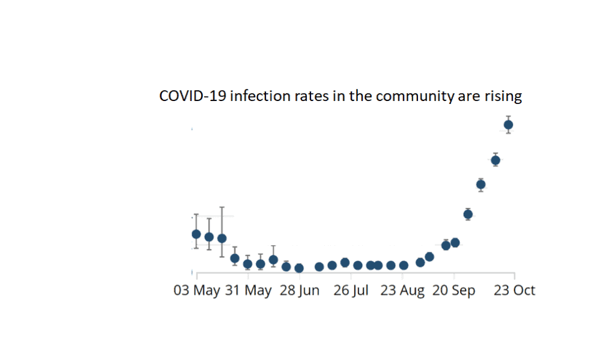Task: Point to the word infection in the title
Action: [253, 97]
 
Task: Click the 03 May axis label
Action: [198, 291]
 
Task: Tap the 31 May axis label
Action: [249, 291]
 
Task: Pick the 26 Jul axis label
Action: [351, 291]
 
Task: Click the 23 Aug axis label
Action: [402, 291]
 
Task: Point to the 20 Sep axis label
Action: [454, 291]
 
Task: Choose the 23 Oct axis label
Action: [514, 291]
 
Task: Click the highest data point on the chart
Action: [508, 125]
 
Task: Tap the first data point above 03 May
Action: [196, 234]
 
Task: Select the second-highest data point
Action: [495, 160]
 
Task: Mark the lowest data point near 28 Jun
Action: [299, 268]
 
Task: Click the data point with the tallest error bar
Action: [222, 238]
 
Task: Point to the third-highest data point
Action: [480, 185]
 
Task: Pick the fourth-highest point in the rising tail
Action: [468, 214]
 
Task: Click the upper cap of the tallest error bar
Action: [222, 207]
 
